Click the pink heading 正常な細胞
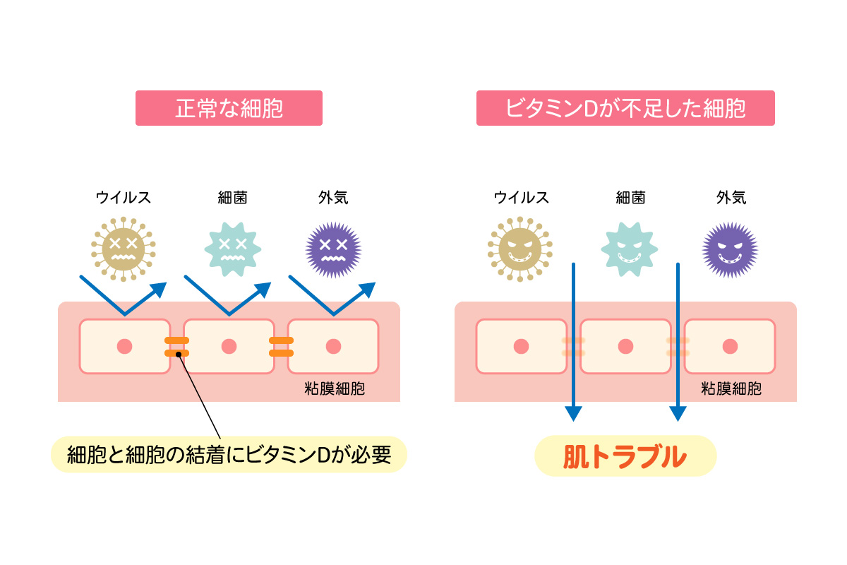click(229, 108)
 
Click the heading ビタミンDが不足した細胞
click(625, 108)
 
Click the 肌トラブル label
click(625, 456)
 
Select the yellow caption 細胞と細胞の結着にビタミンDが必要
click(229, 455)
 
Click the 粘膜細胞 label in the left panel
click(335, 389)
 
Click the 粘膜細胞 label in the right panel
click(731, 389)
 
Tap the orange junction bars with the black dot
click(177, 347)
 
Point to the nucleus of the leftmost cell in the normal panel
click(125, 346)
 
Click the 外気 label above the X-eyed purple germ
click(333, 198)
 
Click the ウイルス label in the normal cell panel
click(124, 198)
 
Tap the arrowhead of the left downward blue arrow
click(573, 412)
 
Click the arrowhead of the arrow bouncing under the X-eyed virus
click(160, 289)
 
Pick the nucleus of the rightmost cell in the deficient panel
click(731, 346)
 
